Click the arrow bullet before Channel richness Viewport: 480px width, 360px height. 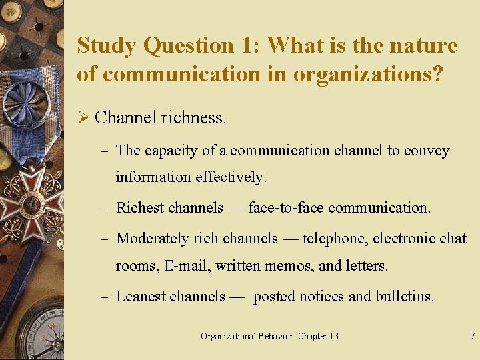pyautogui.click(x=83, y=118)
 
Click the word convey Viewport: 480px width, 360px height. pyautogui.click(x=427, y=151)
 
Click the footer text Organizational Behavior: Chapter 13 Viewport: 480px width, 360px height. pyautogui.click(x=269, y=336)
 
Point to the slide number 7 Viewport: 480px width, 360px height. pyautogui.click(x=472, y=336)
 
